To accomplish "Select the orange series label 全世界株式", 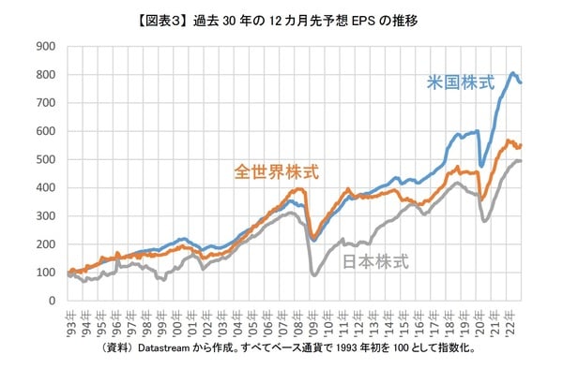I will tap(277, 172).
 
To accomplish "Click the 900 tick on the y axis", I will tap(45, 46).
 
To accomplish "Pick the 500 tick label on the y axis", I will tap(45, 159).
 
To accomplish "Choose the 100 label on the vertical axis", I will tap(45, 273).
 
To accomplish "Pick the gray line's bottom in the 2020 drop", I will tap(484, 221).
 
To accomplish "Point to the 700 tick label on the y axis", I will tap(45, 103).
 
